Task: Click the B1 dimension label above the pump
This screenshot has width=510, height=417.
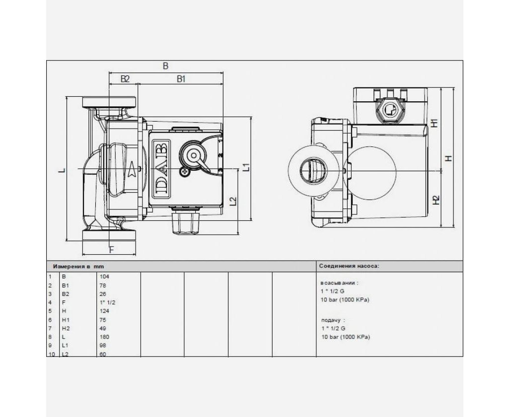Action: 181,79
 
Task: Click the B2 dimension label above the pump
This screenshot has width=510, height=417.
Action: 125,79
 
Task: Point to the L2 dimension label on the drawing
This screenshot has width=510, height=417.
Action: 233,201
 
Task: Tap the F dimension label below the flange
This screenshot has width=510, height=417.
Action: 111,250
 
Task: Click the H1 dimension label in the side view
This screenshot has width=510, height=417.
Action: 434,123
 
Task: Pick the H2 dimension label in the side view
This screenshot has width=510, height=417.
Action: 436,200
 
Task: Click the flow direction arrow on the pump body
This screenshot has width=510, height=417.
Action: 132,169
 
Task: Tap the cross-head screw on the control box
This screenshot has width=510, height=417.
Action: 185,171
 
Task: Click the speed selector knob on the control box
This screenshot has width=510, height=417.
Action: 194,155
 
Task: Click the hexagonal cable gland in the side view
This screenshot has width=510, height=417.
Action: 390,111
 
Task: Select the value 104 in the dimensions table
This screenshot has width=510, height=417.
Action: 104,277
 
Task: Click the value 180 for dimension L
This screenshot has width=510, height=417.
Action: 104,337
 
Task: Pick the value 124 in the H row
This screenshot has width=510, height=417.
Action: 104,311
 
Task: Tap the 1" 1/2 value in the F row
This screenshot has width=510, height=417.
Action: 107,302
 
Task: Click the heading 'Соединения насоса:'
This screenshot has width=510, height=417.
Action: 349,266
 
